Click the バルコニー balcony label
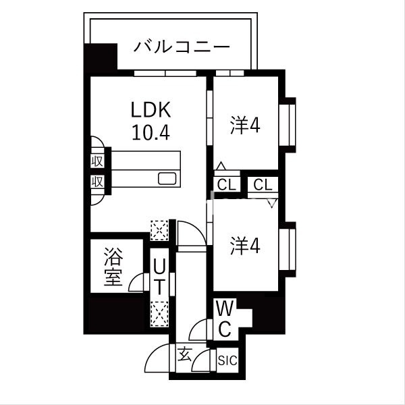pos(182,47)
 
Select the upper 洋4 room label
pos(245,125)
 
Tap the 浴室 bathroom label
pos(113,267)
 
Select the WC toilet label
pos(224,319)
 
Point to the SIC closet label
pos(227,361)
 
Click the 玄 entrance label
pos(184,352)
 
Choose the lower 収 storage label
pos(97,181)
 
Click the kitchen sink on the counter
pos(167,179)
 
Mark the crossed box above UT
pos(159,230)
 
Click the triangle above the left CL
pos(221,165)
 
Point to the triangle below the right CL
pos(273,201)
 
